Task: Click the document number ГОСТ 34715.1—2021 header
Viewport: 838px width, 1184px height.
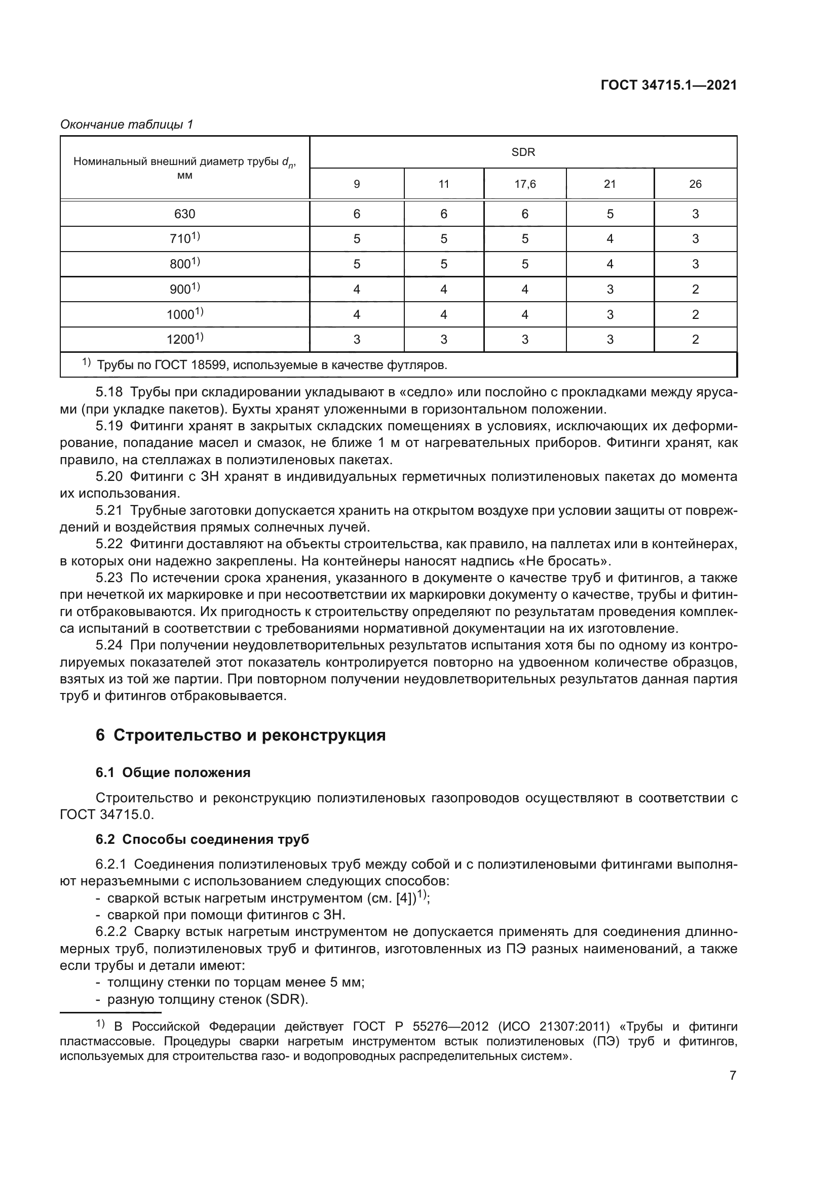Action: [x=668, y=86]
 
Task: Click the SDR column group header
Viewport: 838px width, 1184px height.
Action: [x=523, y=152]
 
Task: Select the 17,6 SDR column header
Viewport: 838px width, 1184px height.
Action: [x=525, y=184]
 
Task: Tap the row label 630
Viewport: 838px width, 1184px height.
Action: [x=185, y=214]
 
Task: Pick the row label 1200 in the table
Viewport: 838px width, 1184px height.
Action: [x=185, y=339]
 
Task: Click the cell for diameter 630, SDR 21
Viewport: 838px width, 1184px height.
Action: [x=610, y=214]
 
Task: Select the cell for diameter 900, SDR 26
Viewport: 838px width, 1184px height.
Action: [x=695, y=290]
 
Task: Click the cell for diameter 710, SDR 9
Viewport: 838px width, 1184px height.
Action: [x=357, y=239]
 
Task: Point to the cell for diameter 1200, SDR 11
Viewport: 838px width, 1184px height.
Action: [x=443, y=339]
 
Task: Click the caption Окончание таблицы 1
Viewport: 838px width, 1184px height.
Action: [x=127, y=125]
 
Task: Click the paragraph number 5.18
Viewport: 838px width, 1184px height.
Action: [x=109, y=392]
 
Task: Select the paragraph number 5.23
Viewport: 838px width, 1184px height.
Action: [x=109, y=578]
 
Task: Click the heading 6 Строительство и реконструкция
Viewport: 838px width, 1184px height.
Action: [x=241, y=735]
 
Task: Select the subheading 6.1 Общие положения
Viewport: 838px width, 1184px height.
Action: [x=173, y=772]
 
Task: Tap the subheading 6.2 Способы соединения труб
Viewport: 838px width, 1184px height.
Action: [x=202, y=839]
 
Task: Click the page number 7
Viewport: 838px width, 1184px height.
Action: [x=733, y=1076]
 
